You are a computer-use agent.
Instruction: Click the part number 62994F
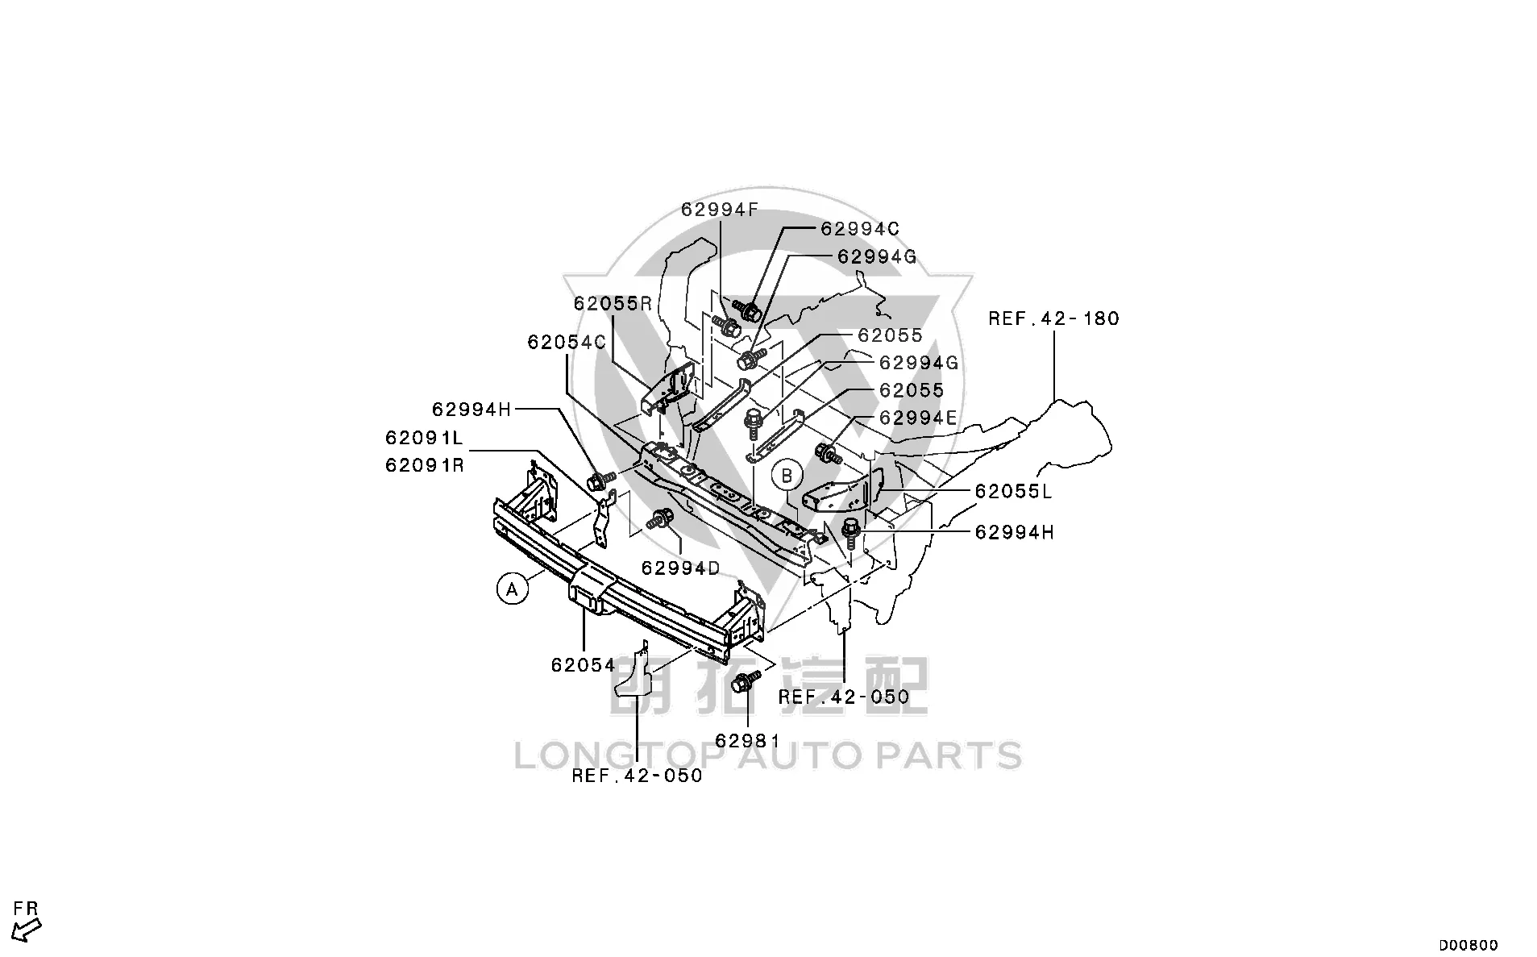[x=720, y=210]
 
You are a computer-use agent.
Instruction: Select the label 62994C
[x=860, y=229]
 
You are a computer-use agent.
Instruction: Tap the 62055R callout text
[x=613, y=304]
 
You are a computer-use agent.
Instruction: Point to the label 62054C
[x=567, y=343]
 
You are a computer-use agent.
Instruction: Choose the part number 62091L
[x=424, y=438]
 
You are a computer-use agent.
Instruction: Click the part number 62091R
[x=424, y=465]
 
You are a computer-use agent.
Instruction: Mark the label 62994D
[x=680, y=568]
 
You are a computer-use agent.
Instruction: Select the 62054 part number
[x=584, y=665]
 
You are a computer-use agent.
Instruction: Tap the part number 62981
[x=747, y=740]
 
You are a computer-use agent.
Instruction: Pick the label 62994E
[x=918, y=418]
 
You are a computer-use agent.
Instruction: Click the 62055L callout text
[x=1013, y=491]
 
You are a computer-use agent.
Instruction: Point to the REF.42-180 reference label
[x=1054, y=318]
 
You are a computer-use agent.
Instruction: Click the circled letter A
[x=512, y=589]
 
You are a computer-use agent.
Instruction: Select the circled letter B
[x=787, y=475]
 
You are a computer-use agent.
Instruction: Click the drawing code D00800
[x=1469, y=945]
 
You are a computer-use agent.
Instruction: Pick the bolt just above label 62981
[x=745, y=682]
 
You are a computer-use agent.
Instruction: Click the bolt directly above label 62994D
[x=662, y=519]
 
